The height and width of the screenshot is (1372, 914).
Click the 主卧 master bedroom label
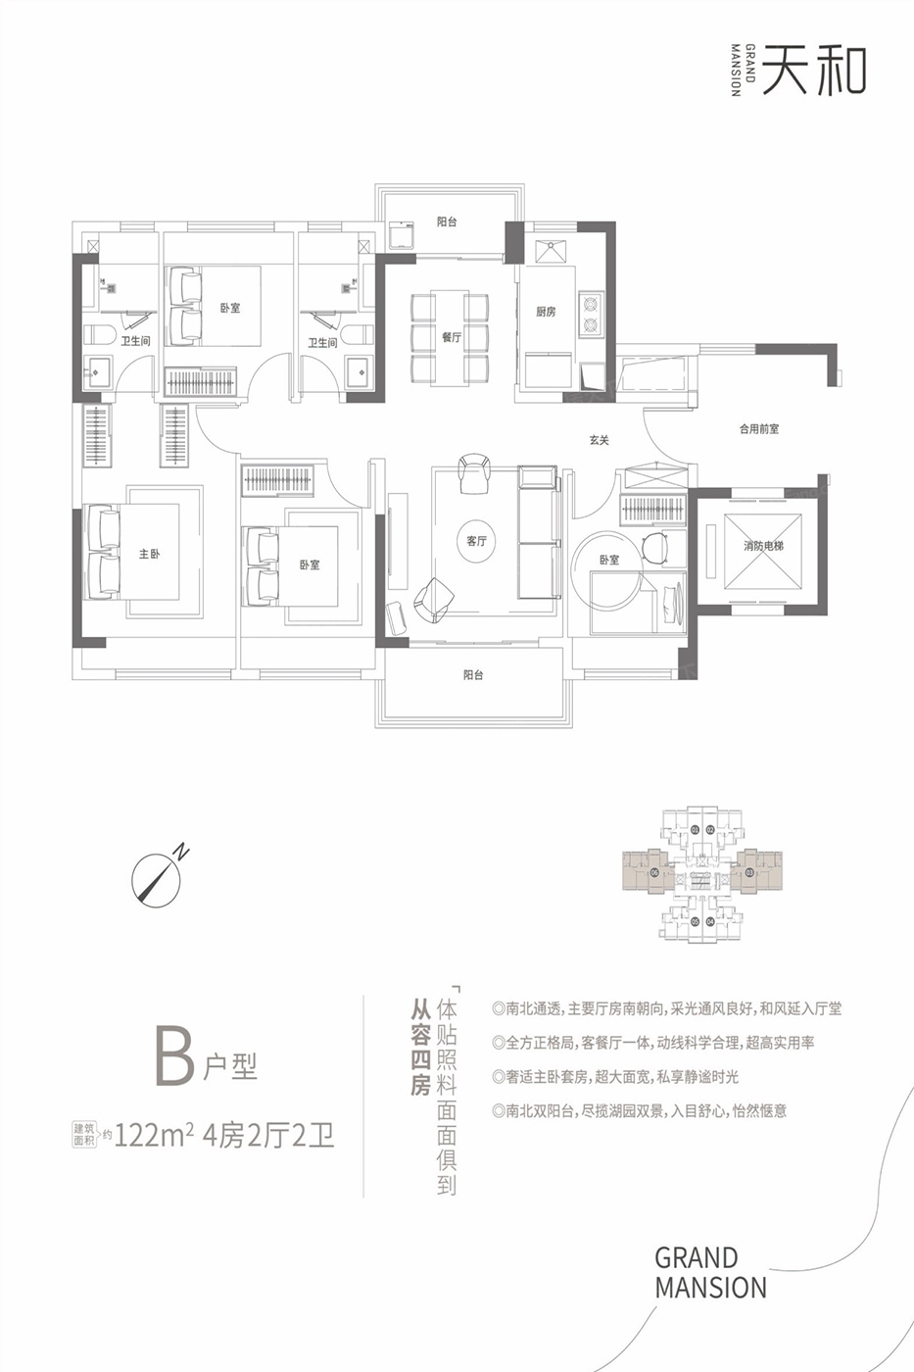tap(149, 554)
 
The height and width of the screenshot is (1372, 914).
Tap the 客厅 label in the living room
tap(476, 541)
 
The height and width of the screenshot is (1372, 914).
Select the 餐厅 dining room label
tap(452, 337)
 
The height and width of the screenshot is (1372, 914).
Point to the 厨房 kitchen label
tap(546, 312)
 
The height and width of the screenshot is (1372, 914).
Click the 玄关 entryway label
tap(600, 440)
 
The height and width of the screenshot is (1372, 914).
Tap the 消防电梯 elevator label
tap(763, 545)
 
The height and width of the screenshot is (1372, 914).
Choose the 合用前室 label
tap(759, 429)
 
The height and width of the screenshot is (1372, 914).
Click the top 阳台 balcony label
tap(447, 221)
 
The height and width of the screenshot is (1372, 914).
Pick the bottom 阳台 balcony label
tap(473, 675)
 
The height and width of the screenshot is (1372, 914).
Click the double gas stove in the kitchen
tap(590, 314)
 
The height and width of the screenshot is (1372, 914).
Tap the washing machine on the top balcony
tap(402, 234)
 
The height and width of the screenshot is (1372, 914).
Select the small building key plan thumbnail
tap(702, 874)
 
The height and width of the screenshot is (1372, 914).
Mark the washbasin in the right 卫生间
tap(358, 371)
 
